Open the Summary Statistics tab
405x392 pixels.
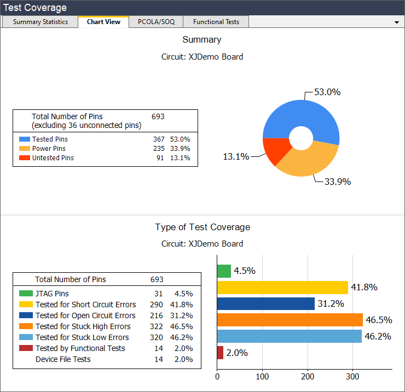click(40, 22)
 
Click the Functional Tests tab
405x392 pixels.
click(216, 22)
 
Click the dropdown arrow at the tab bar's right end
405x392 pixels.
click(396, 22)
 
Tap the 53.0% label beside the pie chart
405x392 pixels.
click(327, 92)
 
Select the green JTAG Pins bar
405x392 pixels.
click(224, 271)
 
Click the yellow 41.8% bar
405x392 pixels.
click(282, 288)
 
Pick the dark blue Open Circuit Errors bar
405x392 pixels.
click(265, 304)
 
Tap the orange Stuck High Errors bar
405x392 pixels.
click(290, 320)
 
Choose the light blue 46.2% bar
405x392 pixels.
click(289, 336)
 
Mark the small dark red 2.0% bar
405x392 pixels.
click(220, 353)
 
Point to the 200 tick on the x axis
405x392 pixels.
click(308, 376)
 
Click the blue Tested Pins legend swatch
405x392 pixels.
click(24, 139)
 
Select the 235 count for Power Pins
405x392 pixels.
click(159, 149)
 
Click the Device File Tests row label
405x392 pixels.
click(63, 359)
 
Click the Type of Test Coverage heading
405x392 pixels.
click(202, 227)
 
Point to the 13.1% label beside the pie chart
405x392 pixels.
click(236, 156)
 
